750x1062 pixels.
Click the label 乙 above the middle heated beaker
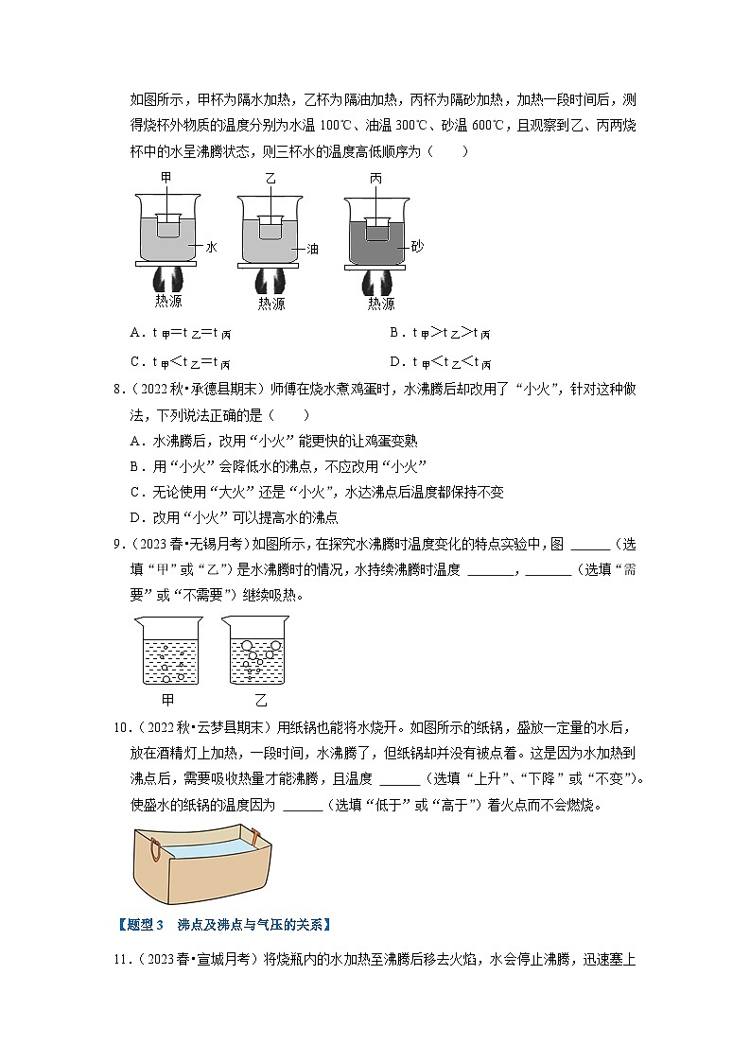(x=270, y=178)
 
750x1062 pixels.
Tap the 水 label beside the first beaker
(x=211, y=246)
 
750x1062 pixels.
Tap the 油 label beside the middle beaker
(x=313, y=249)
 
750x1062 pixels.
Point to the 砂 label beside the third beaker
(x=417, y=246)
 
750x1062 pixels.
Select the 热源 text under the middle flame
(x=271, y=304)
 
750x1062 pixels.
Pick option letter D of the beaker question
(x=394, y=360)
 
